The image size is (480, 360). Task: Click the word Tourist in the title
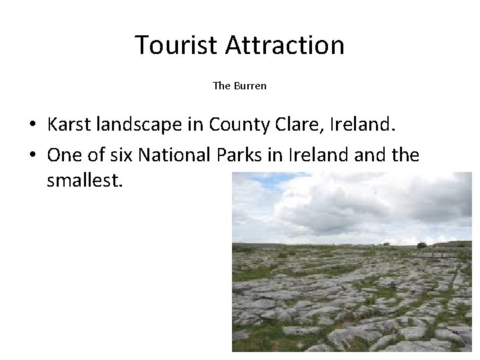tap(177, 45)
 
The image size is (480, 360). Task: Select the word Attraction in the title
tap(285, 45)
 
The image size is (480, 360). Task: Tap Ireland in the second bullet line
tap(313, 155)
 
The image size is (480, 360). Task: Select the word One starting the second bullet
tap(63, 155)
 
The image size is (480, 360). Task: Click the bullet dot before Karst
tap(32, 125)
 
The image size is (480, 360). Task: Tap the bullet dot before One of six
tap(32, 156)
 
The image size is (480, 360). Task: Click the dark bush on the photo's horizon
tap(421, 245)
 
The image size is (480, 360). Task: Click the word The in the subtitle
tap(221, 85)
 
